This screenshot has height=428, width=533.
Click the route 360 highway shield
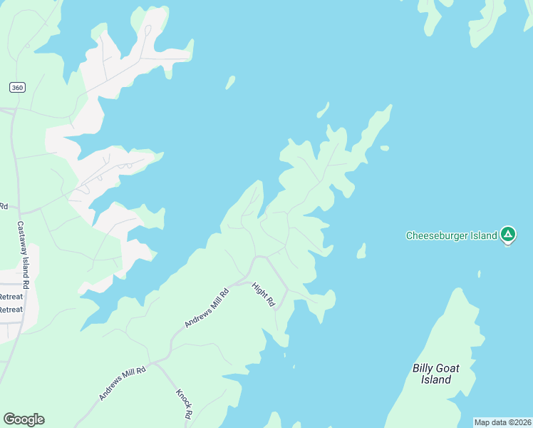[17, 87]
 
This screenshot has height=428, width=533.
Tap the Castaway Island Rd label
[23, 255]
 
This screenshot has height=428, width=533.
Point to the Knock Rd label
[184, 404]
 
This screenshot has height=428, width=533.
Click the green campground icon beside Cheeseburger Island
[507, 234]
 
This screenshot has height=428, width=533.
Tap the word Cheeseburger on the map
[434, 235]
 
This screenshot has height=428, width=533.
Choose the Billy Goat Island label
[436, 374]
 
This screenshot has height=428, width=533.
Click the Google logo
[24, 419]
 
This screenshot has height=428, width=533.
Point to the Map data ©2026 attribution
[503, 422]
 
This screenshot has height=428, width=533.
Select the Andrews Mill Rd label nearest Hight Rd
[207, 307]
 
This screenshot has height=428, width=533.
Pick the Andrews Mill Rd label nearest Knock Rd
[122, 383]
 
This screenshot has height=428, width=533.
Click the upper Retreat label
[11, 297]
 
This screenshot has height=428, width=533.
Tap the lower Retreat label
[11, 310]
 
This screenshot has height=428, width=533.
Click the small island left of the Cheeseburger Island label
[361, 250]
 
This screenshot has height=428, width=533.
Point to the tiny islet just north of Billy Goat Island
[479, 273]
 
